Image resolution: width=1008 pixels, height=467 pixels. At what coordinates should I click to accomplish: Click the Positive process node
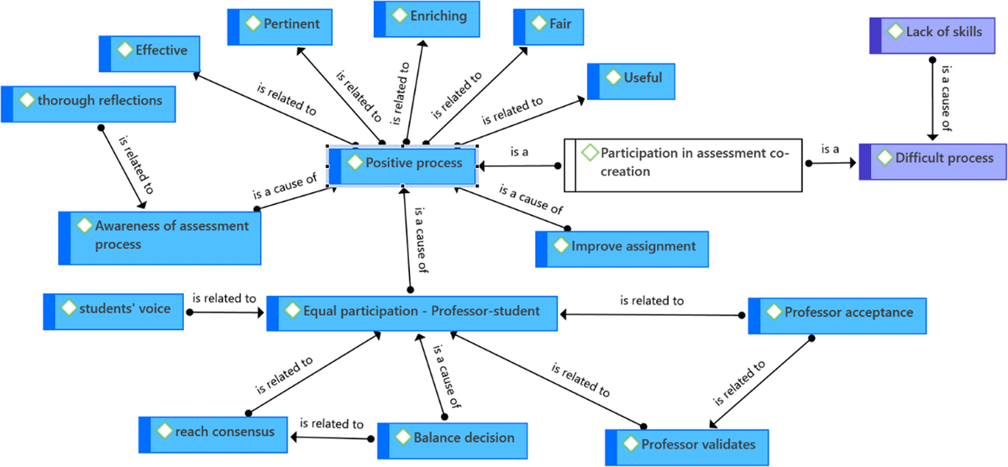(402, 163)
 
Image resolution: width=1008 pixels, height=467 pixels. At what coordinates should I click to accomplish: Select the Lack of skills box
(937, 34)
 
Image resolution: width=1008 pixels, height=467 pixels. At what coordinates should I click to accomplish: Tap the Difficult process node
(932, 159)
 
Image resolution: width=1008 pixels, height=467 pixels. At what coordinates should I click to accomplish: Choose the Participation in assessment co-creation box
(682, 161)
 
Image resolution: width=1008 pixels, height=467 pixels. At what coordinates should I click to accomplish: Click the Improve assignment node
(622, 247)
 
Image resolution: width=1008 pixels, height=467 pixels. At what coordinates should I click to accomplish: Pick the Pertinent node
(281, 24)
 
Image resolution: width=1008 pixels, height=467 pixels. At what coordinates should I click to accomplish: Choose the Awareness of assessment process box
(160, 235)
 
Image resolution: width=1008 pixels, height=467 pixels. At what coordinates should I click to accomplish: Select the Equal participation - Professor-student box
(412, 312)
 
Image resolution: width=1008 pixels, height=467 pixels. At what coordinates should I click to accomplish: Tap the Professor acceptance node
(837, 313)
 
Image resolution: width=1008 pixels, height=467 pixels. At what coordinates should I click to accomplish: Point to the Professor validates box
(686, 444)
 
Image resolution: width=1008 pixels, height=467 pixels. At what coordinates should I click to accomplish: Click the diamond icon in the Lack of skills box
(893, 33)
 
